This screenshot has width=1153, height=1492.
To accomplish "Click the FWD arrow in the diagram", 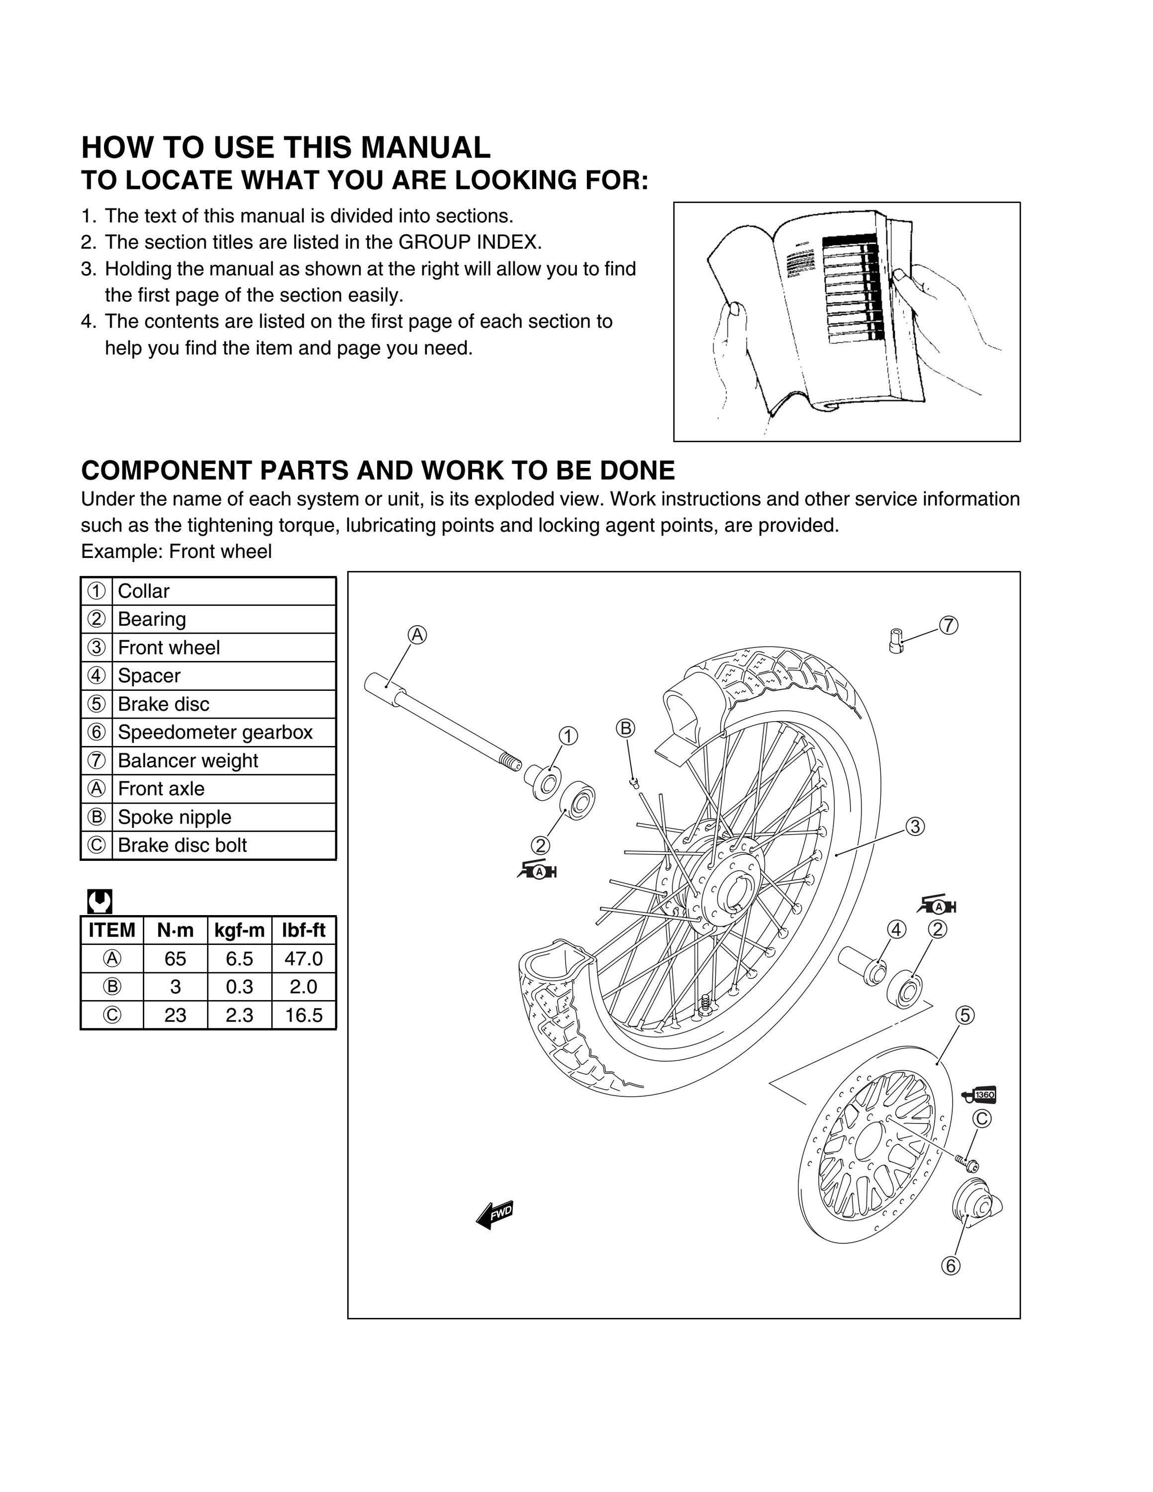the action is [x=494, y=1214].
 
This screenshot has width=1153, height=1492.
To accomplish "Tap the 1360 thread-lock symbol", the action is [x=979, y=1095].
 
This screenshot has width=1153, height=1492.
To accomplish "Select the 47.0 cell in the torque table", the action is [x=303, y=958].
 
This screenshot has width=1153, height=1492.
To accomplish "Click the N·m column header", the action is [x=175, y=931].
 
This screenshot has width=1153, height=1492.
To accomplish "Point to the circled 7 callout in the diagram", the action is [x=948, y=625].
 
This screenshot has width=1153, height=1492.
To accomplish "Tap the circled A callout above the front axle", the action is [x=417, y=635].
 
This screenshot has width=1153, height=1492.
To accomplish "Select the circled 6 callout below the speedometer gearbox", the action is [x=950, y=1265].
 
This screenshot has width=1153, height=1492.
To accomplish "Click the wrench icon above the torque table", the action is [x=99, y=902].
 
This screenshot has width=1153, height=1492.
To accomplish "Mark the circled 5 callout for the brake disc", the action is [x=964, y=1015].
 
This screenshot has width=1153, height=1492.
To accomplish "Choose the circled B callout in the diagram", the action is [x=626, y=728].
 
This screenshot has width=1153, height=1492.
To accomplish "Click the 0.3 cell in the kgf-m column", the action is [x=239, y=987].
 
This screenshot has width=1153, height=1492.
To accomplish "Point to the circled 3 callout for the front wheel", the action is [x=915, y=827].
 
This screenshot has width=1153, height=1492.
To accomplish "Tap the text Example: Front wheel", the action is [x=176, y=552].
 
